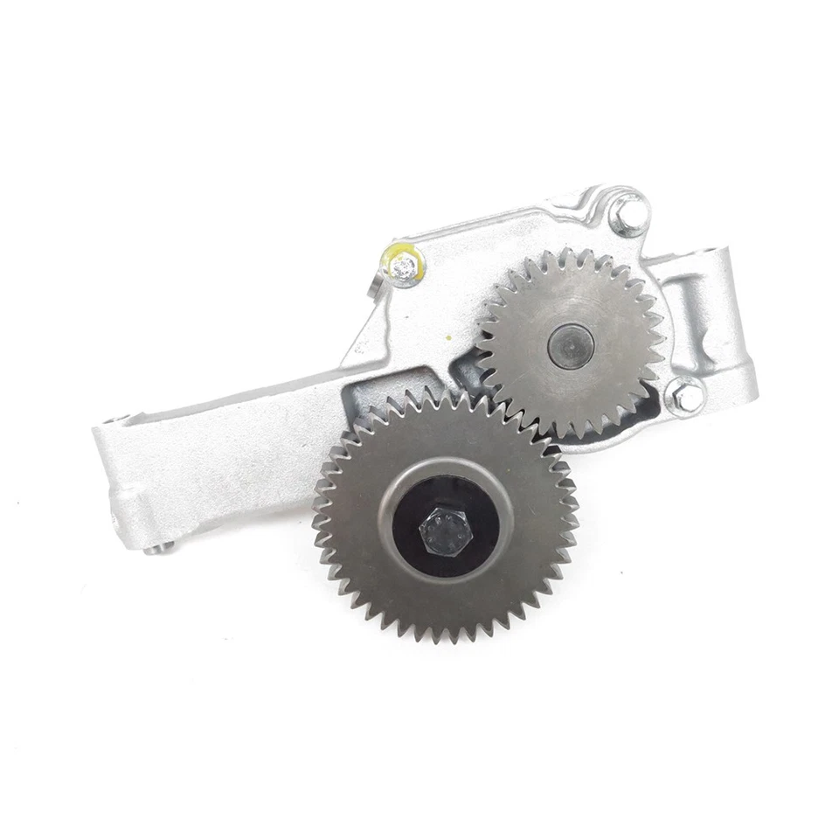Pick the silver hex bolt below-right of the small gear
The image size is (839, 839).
click(688, 398)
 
